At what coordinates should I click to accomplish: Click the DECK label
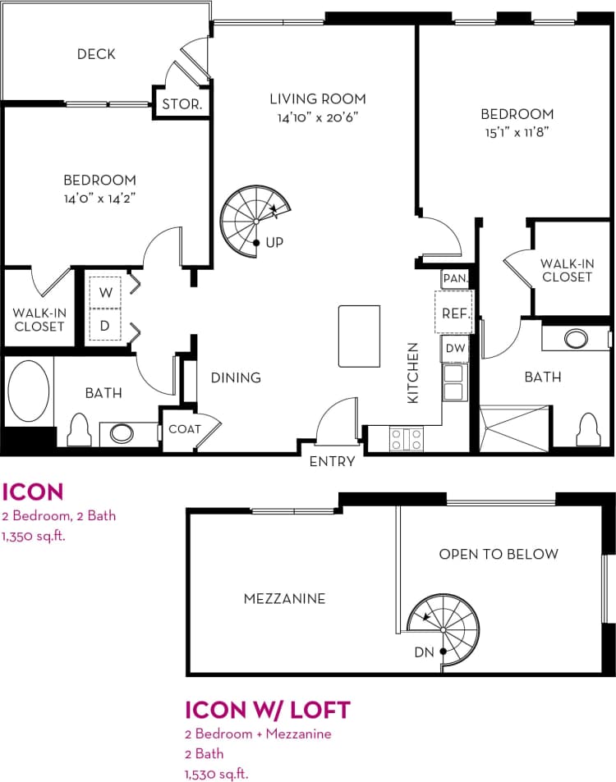(96, 54)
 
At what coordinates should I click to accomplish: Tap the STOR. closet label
(182, 104)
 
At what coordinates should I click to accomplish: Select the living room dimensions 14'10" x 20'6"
(318, 117)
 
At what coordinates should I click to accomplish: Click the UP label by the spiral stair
(274, 243)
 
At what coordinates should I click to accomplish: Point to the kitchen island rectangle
(359, 336)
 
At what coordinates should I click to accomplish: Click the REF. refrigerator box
(454, 313)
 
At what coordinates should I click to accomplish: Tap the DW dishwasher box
(455, 348)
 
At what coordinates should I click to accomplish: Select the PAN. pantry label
(454, 278)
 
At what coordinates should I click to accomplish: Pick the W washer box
(105, 291)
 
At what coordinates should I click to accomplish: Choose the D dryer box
(105, 326)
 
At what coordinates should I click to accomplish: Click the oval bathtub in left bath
(28, 391)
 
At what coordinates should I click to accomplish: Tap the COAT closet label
(185, 428)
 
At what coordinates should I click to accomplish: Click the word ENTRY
(332, 461)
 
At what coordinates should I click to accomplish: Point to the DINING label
(236, 377)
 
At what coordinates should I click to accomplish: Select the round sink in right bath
(576, 338)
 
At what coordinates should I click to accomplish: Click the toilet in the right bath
(588, 429)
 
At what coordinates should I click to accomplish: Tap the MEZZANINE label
(284, 598)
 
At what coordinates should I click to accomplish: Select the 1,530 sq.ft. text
(216, 772)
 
